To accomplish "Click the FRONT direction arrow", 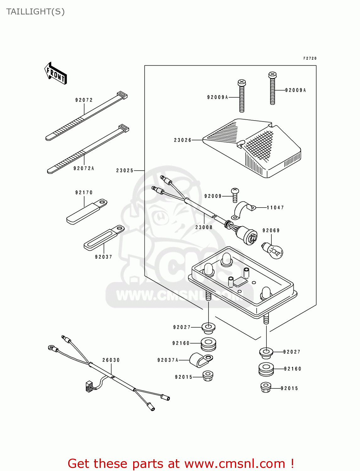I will tap(56, 73).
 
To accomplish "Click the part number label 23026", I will tap(183, 140).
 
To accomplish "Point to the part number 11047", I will tap(275, 208).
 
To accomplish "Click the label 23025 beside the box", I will tap(125, 171).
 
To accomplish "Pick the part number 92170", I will tap(84, 192).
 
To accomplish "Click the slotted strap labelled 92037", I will tap(104, 237).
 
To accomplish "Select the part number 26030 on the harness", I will tap(111, 360).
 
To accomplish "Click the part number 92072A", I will tap(84, 168).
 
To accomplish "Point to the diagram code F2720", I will tap(310, 58).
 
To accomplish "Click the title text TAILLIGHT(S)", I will tap(35, 12).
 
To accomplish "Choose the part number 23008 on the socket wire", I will tap(204, 227).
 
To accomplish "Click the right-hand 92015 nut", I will tap(266, 387).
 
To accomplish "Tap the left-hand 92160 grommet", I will tap(208, 344).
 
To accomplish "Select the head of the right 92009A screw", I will tap(272, 75).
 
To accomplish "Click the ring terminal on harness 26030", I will tap(52, 348).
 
